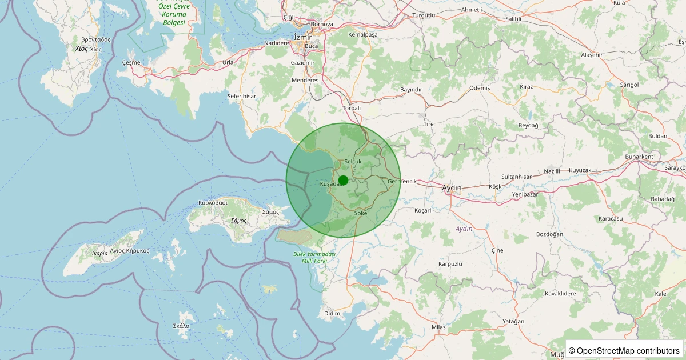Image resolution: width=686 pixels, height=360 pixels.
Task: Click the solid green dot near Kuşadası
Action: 343,180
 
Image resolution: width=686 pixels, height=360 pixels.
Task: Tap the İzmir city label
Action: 303,37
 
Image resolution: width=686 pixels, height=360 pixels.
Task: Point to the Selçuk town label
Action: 353,162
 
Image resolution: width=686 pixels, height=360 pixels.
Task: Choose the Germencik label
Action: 402,181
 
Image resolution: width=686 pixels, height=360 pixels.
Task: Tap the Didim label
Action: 332,313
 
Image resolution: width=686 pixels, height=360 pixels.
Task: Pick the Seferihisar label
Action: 241,96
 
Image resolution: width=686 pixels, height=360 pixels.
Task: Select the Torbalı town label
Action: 351,107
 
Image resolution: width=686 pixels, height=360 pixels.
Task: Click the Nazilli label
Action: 552,171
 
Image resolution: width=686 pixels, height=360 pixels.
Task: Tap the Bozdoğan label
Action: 549,234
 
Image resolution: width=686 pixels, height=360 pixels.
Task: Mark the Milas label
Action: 438,327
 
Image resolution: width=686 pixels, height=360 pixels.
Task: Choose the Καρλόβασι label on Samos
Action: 213,202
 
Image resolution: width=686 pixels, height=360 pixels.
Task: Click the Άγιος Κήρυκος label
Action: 130,250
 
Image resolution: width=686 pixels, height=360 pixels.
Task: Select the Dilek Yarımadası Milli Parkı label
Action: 314,257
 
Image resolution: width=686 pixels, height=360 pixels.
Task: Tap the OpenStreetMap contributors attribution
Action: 624,350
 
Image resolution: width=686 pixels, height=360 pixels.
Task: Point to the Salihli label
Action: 513,19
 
